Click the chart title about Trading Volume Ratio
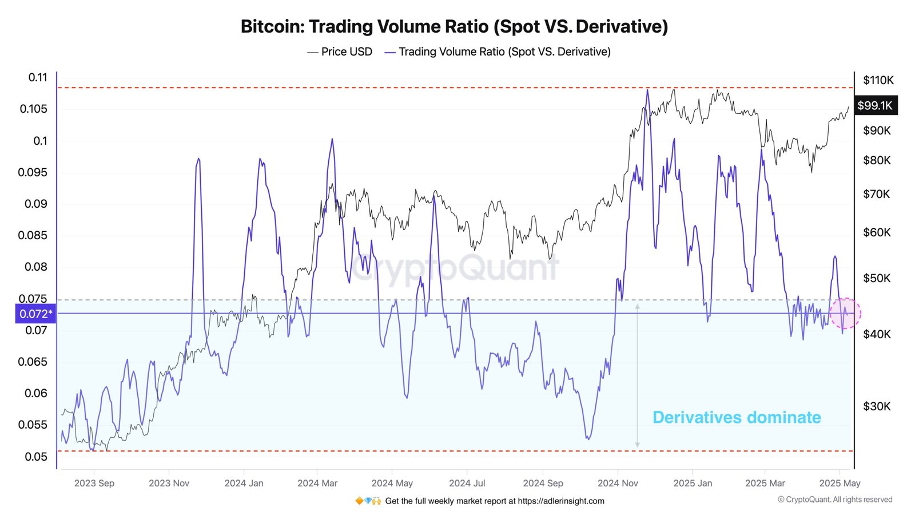point(454,26)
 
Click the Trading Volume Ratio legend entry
point(498,51)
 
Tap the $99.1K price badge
point(875,105)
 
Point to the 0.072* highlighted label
point(35,314)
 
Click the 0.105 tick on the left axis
point(34,109)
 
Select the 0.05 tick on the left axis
point(36,457)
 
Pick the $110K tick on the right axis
point(878,80)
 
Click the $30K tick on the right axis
point(877,406)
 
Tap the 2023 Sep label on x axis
point(94,483)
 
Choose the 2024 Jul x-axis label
point(467,483)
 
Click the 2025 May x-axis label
point(840,483)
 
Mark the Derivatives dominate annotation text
point(737,417)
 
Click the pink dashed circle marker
point(845,313)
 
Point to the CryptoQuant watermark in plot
point(455,268)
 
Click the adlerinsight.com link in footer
point(560,501)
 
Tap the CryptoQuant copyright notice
point(834,500)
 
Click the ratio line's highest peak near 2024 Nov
point(647,90)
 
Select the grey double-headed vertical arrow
point(637,375)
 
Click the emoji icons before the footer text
point(368,501)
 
